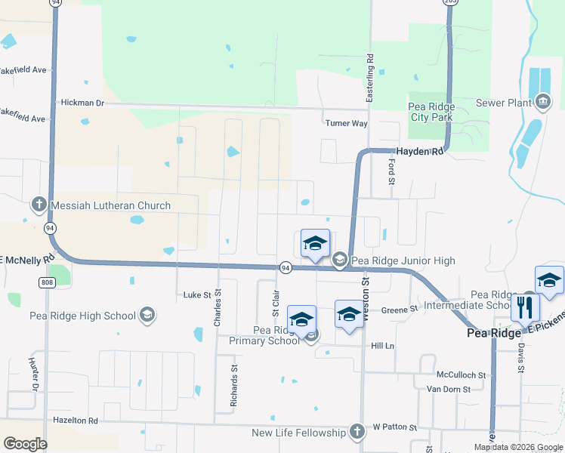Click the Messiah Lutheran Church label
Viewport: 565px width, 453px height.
[110, 205]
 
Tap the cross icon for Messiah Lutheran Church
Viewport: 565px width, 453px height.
[39, 205]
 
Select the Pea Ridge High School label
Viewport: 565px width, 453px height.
[83, 316]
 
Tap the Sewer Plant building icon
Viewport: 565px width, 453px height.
[542, 103]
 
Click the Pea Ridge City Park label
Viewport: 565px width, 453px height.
[431, 112]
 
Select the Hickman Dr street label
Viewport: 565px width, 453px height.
[80, 102]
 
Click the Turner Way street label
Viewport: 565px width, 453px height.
[346, 123]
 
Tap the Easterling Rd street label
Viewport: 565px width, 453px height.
[370, 79]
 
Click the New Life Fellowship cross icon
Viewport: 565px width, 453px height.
[357, 432]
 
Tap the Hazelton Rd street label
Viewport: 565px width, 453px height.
[76, 420]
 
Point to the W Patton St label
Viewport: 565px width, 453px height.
[394, 427]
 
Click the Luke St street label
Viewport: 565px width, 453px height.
[195, 294]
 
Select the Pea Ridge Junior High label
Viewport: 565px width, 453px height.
[403, 261]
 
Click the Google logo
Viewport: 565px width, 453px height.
[24, 444]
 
